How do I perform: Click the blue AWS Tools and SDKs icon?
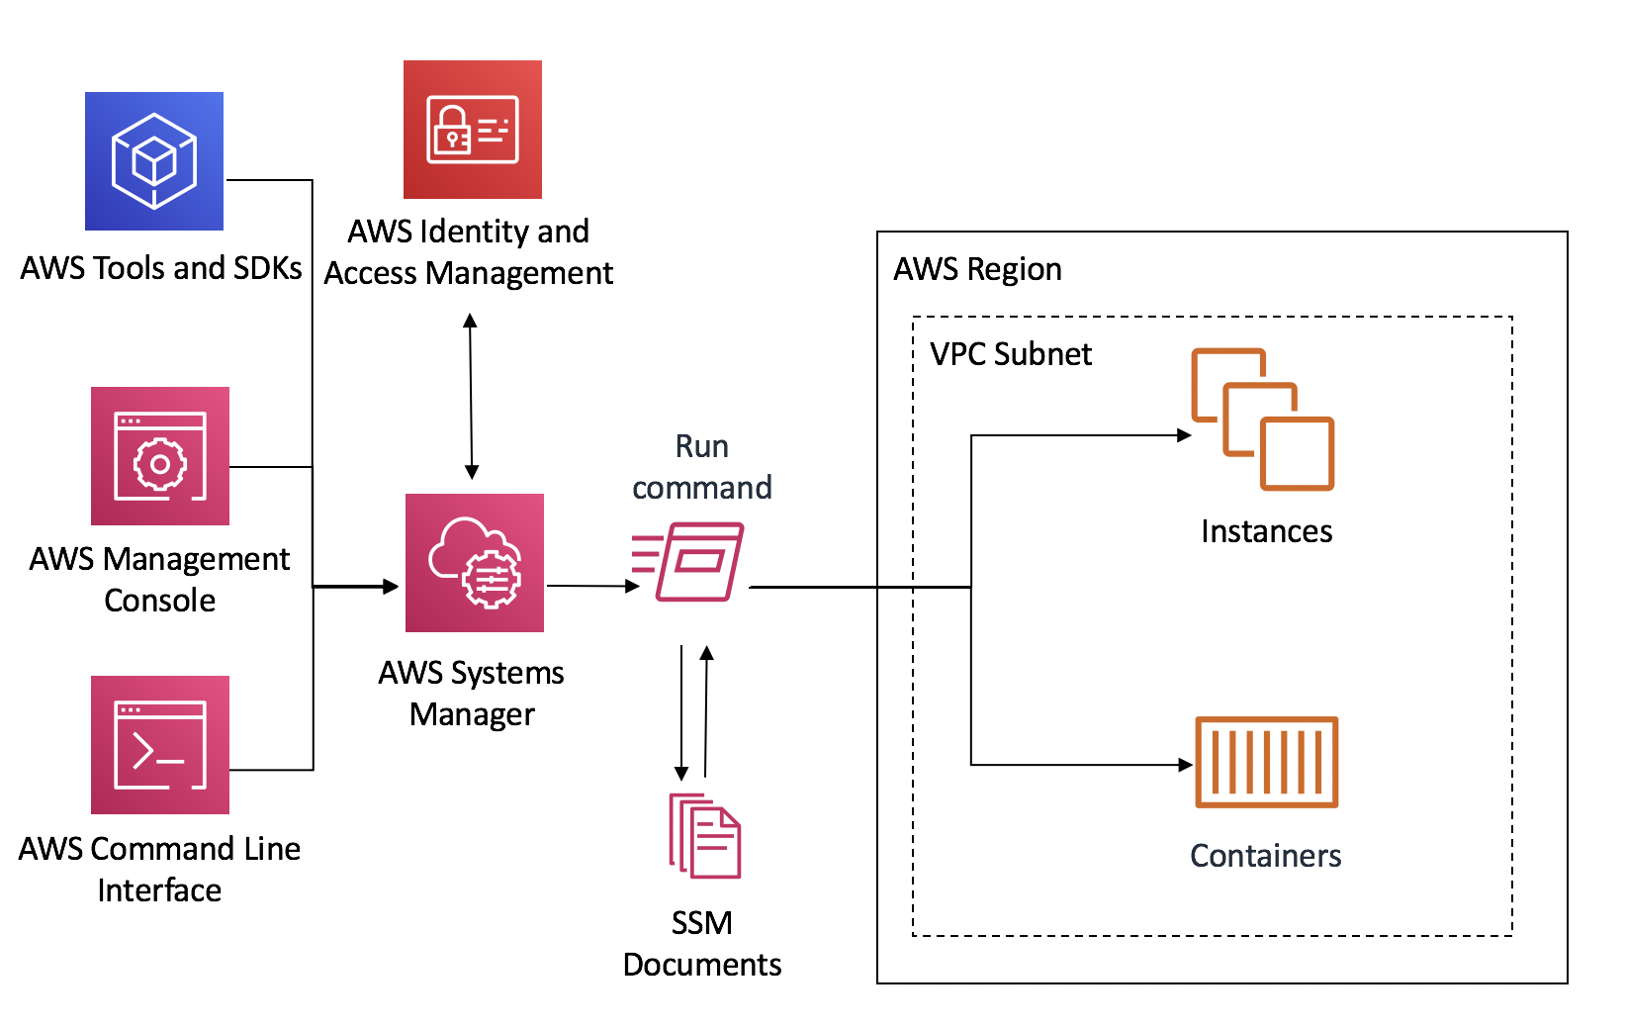pos(154,161)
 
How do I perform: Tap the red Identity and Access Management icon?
pos(472,130)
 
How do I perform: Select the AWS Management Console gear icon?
pos(160,456)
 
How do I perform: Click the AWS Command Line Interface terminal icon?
pos(160,745)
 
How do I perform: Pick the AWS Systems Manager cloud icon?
pos(475,563)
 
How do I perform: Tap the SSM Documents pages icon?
pos(705,836)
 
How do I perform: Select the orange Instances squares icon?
pos(1263,419)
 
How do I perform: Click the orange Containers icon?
pos(1266,763)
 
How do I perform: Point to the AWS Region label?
pos(977,269)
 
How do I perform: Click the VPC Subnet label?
pos(1011,354)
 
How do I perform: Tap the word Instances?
pos(1266,531)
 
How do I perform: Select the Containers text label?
pos(1265,856)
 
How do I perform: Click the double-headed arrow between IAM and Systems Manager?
pos(471,396)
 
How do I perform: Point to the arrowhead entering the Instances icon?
pos(1183,435)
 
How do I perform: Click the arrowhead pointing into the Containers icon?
pos(1185,765)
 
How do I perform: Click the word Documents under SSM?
pos(701,965)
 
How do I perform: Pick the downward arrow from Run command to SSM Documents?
pos(681,712)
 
